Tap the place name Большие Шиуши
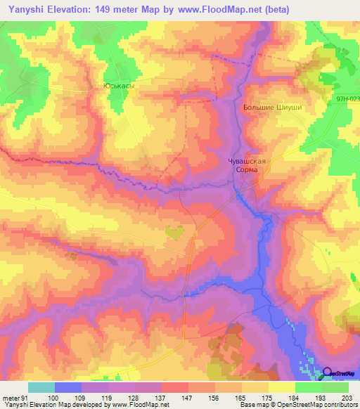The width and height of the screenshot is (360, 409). pyautogui.click(x=272, y=107)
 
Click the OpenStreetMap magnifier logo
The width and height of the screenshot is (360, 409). pyautogui.click(x=328, y=372)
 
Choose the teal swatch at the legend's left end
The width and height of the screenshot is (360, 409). pyautogui.click(x=41, y=387)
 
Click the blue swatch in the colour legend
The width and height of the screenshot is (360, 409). pyautogui.click(x=68, y=387)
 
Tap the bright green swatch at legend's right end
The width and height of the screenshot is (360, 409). pyautogui.click(x=335, y=387)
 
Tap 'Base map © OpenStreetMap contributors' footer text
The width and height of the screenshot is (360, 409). pyautogui.click(x=298, y=405)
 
